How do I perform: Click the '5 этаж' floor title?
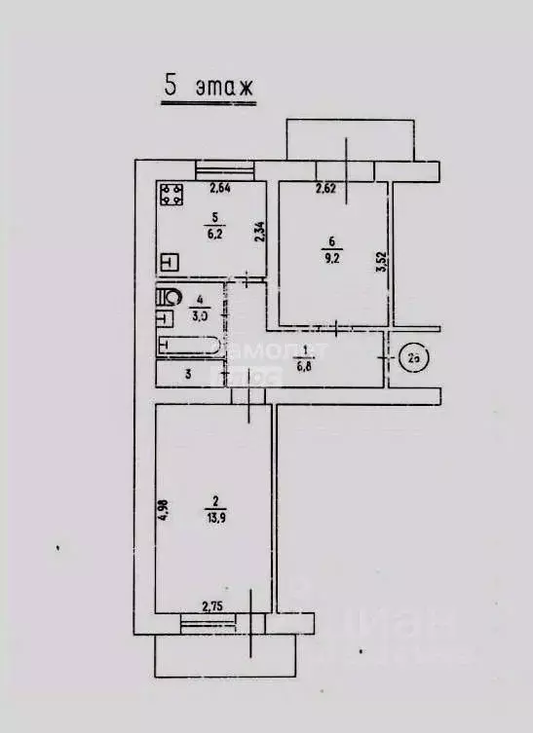(x=208, y=86)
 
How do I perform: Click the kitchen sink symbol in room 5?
(x=169, y=262)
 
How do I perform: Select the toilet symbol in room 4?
(x=170, y=297)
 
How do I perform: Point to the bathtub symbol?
(x=190, y=345)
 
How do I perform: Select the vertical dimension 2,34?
(x=258, y=232)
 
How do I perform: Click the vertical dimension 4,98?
(x=163, y=510)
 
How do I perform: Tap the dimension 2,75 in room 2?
(x=214, y=606)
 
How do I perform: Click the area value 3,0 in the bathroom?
(x=201, y=315)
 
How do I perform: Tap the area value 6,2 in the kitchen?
(x=211, y=233)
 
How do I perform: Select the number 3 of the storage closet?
(x=189, y=373)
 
